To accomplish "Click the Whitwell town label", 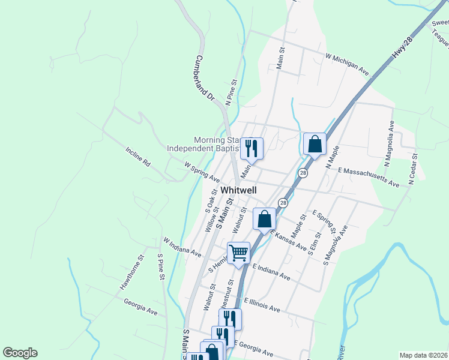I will coord(238,190).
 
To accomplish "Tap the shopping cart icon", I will coord(239,253).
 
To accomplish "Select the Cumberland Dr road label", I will coord(204,77).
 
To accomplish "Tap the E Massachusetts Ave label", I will coord(369,177).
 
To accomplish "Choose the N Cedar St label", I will coord(413,164).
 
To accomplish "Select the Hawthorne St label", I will coord(132,273).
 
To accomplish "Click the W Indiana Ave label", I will coord(182,247).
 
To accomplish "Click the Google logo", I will coord(20,353).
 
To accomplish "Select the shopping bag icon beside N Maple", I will coord(315,145).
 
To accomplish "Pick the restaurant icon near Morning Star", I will coord(252,148).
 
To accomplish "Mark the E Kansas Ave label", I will coord(288,241).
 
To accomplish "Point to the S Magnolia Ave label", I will coord(335,246).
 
